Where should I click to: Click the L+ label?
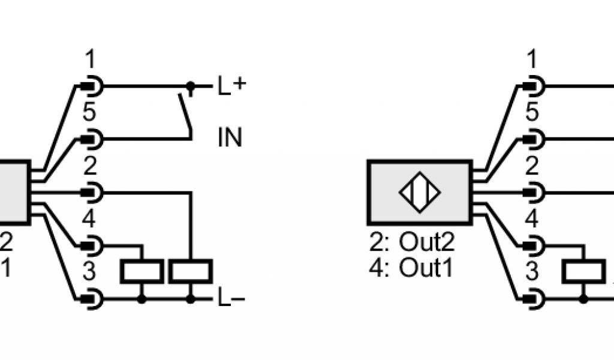pyautogui.click(x=231, y=87)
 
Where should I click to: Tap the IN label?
pyautogui.click(x=230, y=139)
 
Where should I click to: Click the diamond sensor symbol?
pyautogui.click(x=420, y=193)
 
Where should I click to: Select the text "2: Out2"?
pyautogui.click(x=412, y=243)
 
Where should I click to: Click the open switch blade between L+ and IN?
pyautogui.click(x=185, y=113)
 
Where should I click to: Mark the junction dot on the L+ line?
pyautogui.click(x=191, y=87)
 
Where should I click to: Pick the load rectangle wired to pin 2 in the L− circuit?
pyautogui.click(x=191, y=272)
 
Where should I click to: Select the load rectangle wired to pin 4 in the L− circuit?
pyautogui.click(x=142, y=272)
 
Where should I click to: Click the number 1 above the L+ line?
pyautogui.click(x=90, y=61)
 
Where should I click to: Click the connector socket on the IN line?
pyautogui.click(x=93, y=140)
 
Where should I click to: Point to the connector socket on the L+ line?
pyautogui.click(x=93, y=87)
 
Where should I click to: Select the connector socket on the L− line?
pyautogui.click(x=93, y=298)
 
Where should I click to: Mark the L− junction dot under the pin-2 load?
pyautogui.click(x=191, y=298)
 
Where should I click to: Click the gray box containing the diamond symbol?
pyautogui.click(x=420, y=193)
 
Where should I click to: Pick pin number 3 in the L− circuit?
pyautogui.click(x=89, y=272)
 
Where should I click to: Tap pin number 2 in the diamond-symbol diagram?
pyautogui.click(x=532, y=166)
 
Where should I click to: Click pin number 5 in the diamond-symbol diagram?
pyautogui.click(x=532, y=113)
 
